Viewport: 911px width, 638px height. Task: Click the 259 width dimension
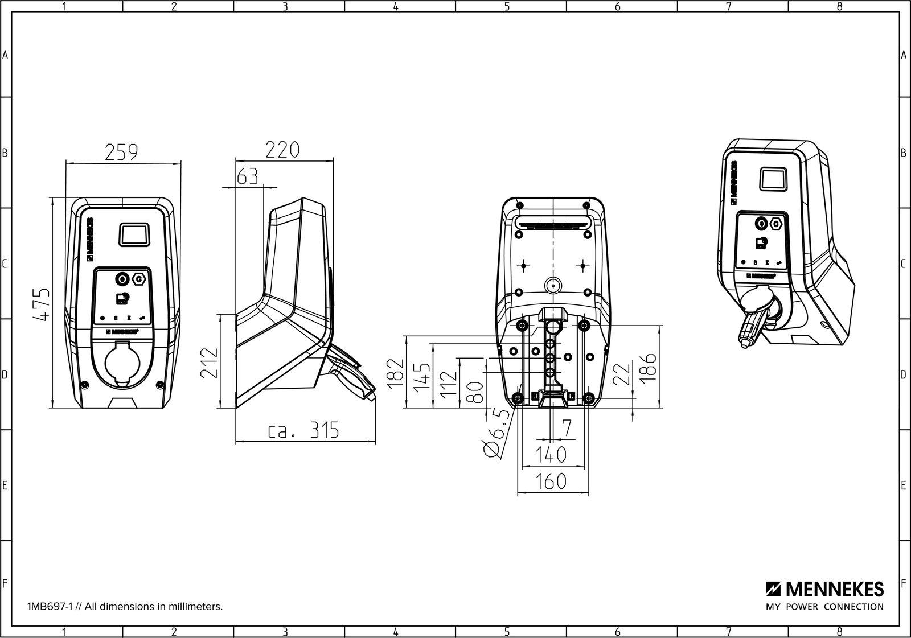[121, 152]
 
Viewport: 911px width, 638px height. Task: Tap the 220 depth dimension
[282, 150]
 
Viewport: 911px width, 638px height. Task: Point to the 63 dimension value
[247, 176]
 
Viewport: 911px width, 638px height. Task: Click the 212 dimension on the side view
[210, 362]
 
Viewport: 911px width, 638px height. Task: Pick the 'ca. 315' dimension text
[304, 430]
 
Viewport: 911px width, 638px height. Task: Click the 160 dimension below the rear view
[551, 481]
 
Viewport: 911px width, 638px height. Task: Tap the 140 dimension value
[551, 455]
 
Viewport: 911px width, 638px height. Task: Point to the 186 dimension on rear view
[649, 366]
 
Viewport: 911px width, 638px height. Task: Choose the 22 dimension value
[624, 374]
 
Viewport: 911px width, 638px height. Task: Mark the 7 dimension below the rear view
[566, 429]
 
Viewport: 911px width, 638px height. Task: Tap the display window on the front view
[134, 234]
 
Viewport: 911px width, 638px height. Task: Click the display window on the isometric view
[773, 178]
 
